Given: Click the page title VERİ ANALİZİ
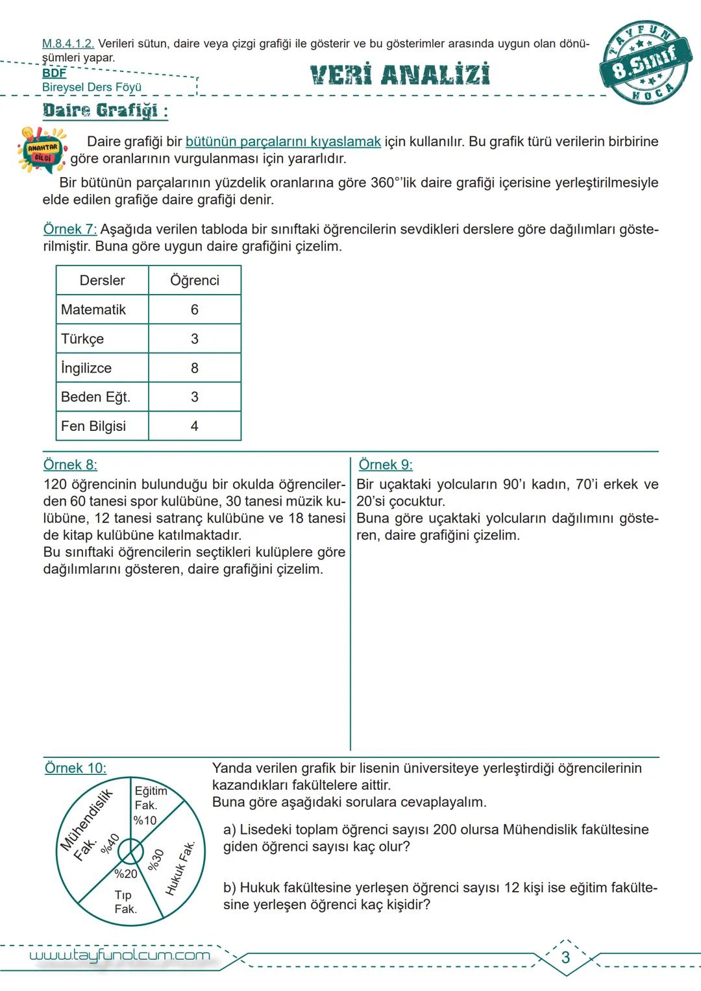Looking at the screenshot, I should coord(400,75).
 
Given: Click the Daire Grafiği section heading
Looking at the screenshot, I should coord(105,110).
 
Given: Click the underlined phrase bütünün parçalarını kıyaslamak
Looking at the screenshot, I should coord(283,141).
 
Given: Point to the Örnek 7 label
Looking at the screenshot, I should coord(69,229).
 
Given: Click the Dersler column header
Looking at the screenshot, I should coord(102,280).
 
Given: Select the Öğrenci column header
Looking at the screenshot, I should coord(195,280).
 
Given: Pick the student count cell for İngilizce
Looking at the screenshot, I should coord(195,368).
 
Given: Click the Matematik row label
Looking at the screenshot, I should coord(93,310).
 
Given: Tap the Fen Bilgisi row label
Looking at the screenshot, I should coord(93,426).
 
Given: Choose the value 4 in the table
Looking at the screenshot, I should coord(195,426).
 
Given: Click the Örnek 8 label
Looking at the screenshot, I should coord(70,465).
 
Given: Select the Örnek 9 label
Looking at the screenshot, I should coord(386,465).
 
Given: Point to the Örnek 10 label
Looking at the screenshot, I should coord(75,768).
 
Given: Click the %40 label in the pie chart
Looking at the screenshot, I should coord(110,844).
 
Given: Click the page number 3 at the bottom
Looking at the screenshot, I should coord(565,957).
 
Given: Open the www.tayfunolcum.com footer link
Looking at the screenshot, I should coord(120,955).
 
